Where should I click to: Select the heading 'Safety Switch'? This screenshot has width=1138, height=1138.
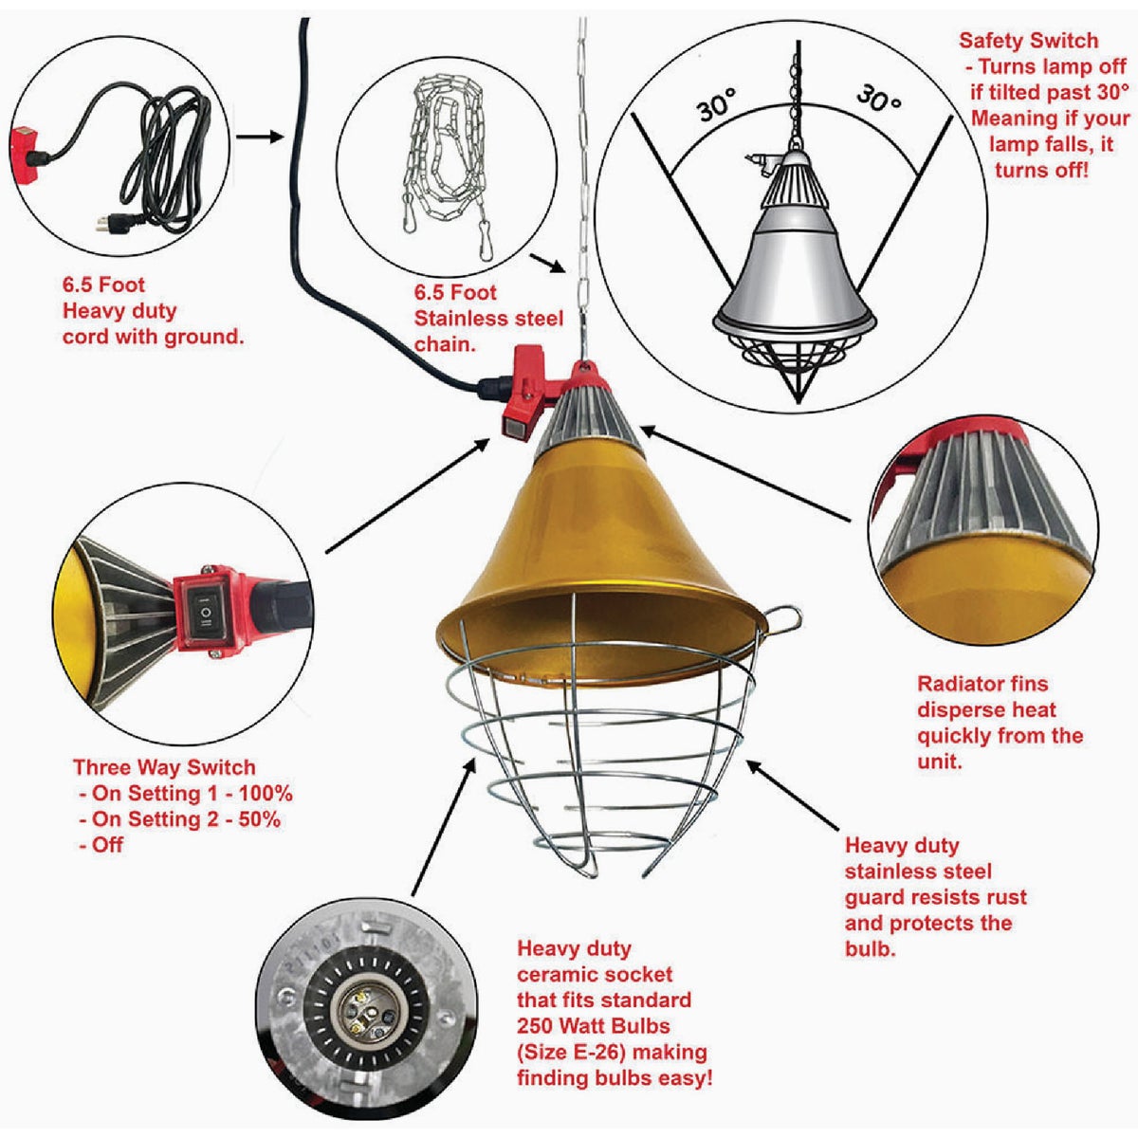[x=1028, y=41]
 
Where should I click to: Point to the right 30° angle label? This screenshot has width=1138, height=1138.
[x=878, y=98]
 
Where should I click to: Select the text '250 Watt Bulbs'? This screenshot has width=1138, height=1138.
[x=594, y=1026]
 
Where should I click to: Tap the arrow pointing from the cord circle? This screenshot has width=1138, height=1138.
[x=259, y=138]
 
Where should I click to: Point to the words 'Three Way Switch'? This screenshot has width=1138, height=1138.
[x=164, y=768]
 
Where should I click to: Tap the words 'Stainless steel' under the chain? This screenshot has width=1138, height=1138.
[x=488, y=319]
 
